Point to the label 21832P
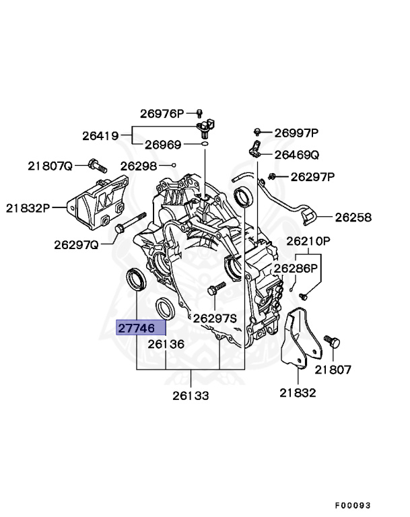pyautogui.click(x=28, y=208)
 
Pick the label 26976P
pyautogui.click(x=162, y=113)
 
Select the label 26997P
pyautogui.click(x=296, y=133)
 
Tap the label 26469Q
pyautogui.click(x=296, y=155)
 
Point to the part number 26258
pyautogui.click(x=353, y=217)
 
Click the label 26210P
pyautogui.click(x=308, y=240)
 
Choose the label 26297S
pyautogui.click(x=215, y=318)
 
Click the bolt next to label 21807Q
pyautogui.click(x=96, y=165)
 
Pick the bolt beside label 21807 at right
pyautogui.click(x=332, y=342)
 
